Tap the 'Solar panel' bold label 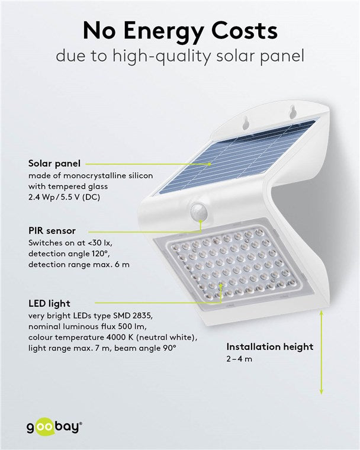coord(54,163)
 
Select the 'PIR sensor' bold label coord(52,230)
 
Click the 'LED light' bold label coord(49,304)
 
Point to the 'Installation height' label coord(270,347)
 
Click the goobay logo coord(53,426)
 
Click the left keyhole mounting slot coord(246,122)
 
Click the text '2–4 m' coord(238,359)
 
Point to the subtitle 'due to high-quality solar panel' coord(179,57)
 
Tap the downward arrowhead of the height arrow coord(322,392)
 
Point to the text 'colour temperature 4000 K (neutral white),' coord(112,337)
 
